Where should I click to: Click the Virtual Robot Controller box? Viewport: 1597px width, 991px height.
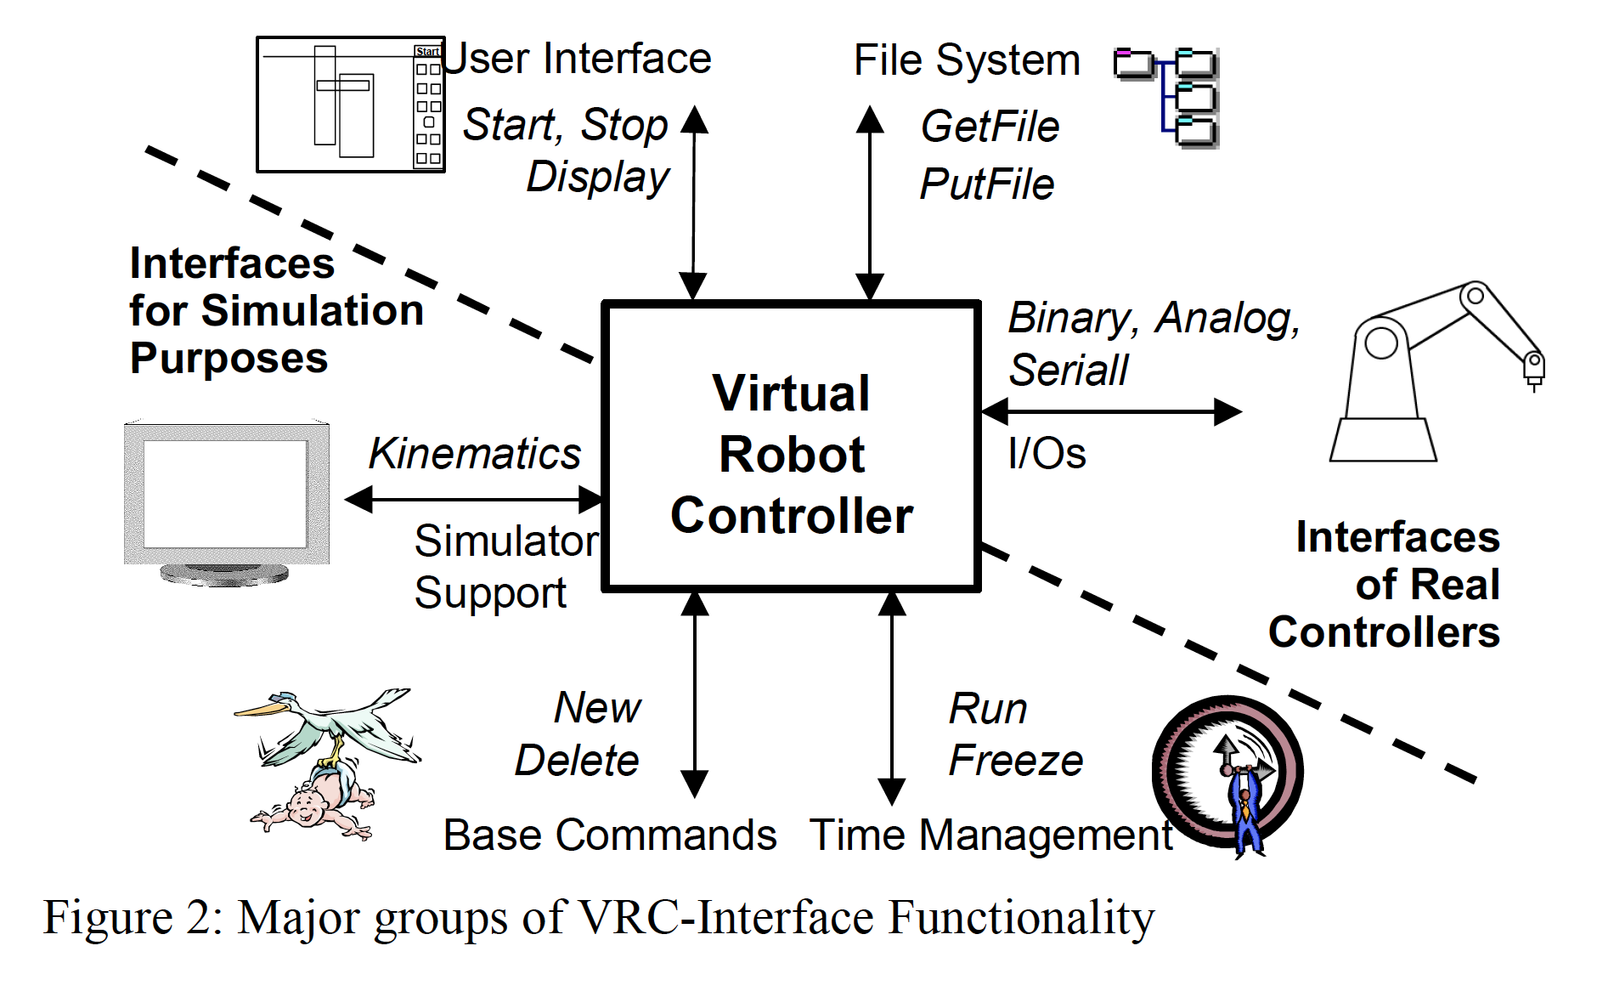[x=791, y=447]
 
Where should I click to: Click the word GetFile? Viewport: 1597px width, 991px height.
[x=990, y=127]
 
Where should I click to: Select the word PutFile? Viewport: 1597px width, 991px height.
[x=986, y=184]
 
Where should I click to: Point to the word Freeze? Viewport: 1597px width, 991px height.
[x=1015, y=760]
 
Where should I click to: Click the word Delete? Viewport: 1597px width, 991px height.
[x=577, y=760]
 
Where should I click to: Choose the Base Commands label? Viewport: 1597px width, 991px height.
[x=609, y=835]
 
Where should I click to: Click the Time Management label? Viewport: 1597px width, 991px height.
[x=990, y=835]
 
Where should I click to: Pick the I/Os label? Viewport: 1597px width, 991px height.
[x=1047, y=453]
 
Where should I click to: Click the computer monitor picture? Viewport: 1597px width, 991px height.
[x=226, y=501]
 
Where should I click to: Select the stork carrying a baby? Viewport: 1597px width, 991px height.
[x=327, y=761]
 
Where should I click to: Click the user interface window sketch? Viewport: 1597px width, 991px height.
[x=350, y=105]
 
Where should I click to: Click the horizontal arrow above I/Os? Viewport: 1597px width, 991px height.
[x=1111, y=412]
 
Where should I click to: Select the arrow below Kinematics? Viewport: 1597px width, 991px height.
[x=474, y=499]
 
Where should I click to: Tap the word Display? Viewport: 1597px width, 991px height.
[x=598, y=178]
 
